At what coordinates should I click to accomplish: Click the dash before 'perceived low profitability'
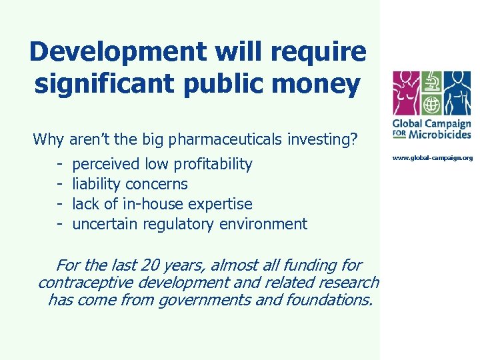pos(59,164)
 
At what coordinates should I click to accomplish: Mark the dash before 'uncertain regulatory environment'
pos(59,224)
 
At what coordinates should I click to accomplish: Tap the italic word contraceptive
pos(82,283)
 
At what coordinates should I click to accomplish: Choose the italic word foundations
pos(331,301)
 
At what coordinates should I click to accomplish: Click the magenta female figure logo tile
pos(407,93)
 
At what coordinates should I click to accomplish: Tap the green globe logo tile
pos(432,105)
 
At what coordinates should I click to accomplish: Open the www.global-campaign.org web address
pos(432,158)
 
